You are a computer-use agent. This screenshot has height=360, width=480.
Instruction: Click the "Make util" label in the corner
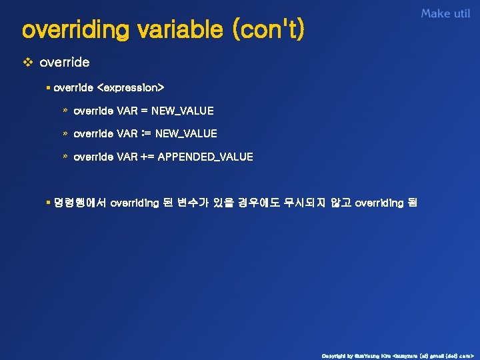445,13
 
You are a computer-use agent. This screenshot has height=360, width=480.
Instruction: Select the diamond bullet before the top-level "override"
28,63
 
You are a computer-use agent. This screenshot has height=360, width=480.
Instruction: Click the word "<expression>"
131,87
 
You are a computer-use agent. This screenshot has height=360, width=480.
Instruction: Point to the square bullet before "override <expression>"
49,87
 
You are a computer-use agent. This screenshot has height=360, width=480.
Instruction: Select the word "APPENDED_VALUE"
205,157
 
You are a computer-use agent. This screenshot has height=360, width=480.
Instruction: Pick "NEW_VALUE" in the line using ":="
186,134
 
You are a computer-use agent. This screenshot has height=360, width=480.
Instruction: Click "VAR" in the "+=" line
127,157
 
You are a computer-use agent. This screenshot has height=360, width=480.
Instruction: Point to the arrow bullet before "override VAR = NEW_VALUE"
65,111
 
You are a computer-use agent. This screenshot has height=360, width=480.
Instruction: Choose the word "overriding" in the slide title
74,30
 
